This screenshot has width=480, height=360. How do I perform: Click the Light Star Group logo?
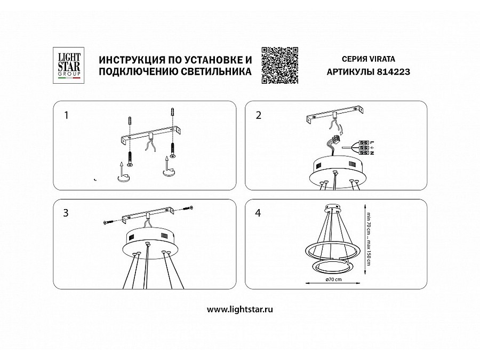(69, 65)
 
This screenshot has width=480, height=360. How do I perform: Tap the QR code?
(280, 65)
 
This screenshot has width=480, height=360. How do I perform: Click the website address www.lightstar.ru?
(239, 309)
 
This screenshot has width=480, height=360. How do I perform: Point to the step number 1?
(66, 115)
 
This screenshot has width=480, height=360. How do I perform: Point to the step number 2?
(259, 115)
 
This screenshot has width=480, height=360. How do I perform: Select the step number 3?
(66, 213)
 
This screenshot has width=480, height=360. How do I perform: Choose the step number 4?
(258, 213)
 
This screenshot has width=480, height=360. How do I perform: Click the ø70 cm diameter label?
(334, 279)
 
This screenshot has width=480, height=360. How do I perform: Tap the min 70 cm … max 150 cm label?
(369, 238)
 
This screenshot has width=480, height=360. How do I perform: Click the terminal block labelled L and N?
(364, 148)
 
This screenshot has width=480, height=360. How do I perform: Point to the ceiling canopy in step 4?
(332, 207)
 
